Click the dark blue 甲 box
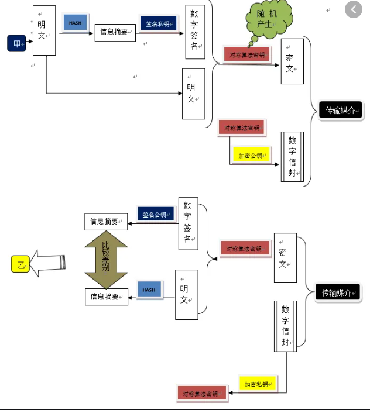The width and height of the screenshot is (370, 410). pos(16,43)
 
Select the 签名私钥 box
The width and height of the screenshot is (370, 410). pos(157,23)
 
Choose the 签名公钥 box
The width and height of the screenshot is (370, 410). pos(156,213)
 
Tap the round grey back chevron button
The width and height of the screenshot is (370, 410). pos(354,9)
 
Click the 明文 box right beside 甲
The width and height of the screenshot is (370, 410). pos(44,30)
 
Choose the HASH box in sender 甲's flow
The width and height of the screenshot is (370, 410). pos(75,22)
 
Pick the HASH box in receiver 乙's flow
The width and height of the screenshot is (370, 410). pos(149,289)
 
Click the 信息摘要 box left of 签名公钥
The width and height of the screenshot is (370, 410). pos(106,222)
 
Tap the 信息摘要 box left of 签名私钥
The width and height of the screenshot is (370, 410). pos(115,33)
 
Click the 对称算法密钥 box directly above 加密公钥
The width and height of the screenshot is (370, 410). pos(241,127)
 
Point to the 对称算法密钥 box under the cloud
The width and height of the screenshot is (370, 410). pos(246,54)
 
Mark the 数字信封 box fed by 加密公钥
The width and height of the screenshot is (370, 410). pos(292,157)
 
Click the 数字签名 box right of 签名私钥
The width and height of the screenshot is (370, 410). pos(195,33)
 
